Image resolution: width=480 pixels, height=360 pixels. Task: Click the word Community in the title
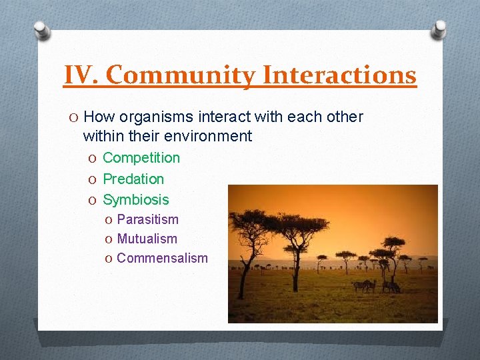(x=181, y=75)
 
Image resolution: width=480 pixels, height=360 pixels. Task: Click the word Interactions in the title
(x=339, y=75)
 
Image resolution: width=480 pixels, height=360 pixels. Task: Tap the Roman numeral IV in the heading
(x=81, y=75)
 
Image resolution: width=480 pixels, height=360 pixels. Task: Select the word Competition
(x=141, y=158)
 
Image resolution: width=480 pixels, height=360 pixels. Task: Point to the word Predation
(x=133, y=179)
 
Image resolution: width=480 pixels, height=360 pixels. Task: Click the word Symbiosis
(x=136, y=199)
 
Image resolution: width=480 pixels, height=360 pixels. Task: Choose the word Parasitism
(x=147, y=219)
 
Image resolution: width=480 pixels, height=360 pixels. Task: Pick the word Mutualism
(x=147, y=239)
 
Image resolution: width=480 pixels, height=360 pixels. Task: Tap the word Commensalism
(x=162, y=258)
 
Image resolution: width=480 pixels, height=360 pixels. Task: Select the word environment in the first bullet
(x=211, y=137)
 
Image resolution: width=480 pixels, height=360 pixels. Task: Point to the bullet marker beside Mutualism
(x=109, y=239)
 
